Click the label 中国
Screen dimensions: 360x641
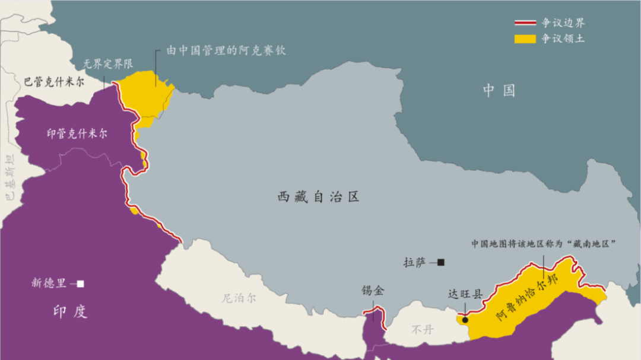[x=499, y=91]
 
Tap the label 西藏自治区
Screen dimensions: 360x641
[x=319, y=197]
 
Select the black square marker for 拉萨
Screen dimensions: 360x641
[x=441, y=262]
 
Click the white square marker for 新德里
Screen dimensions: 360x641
[x=81, y=283]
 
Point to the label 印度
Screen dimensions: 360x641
[x=70, y=311]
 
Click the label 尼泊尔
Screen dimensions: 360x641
[x=240, y=298]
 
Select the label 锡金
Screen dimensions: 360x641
[x=373, y=291]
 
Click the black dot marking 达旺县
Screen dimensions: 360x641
[x=465, y=320]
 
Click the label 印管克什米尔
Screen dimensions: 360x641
[x=77, y=133]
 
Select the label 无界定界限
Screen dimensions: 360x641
[x=108, y=63]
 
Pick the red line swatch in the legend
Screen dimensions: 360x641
[x=525, y=24]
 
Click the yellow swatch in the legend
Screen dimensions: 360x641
[x=525, y=39]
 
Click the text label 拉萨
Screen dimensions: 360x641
[x=415, y=262]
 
